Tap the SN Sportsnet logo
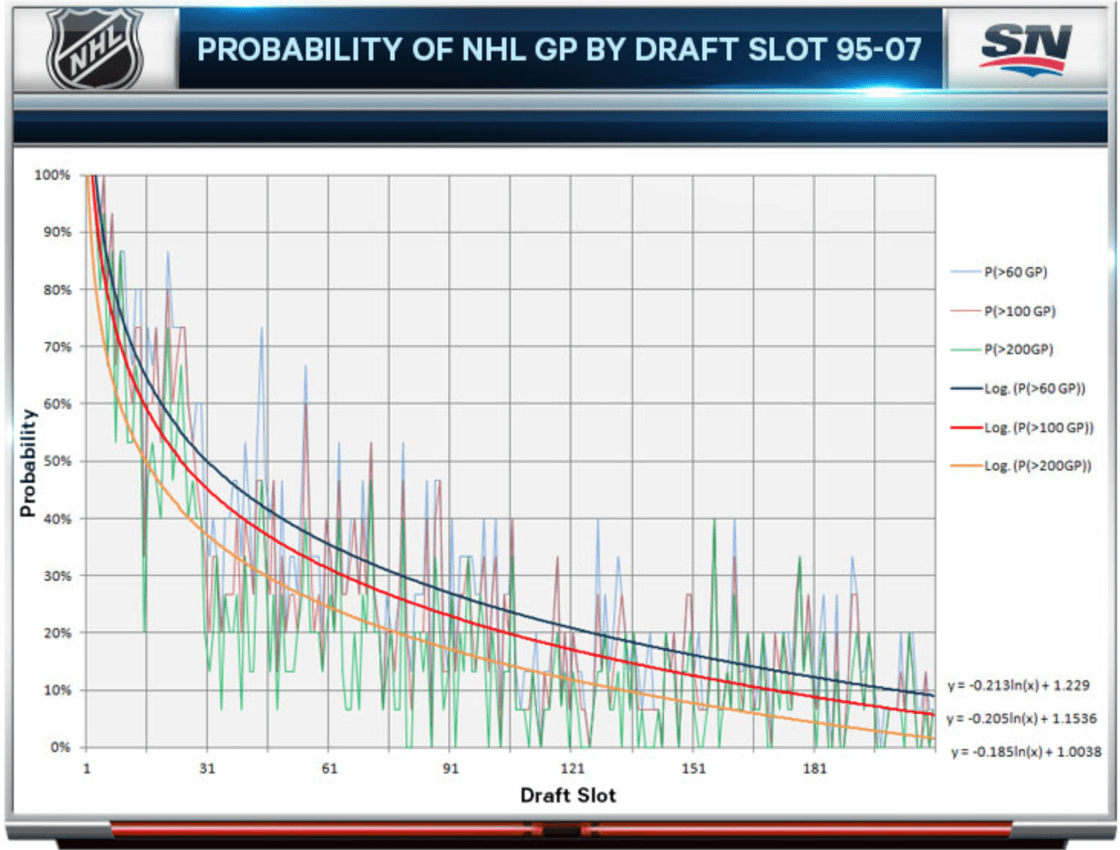click(x=1025, y=47)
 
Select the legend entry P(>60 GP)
click(x=1015, y=272)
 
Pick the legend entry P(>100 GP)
click(x=1019, y=311)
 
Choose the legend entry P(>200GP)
click(x=1018, y=350)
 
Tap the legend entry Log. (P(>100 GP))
click(x=1038, y=428)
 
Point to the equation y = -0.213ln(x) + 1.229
click(x=1018, y=686)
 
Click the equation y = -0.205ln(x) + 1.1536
click(x=1021, y=719)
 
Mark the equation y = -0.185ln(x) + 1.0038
click(x=1026, y=752)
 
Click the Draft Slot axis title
click(x=568, y=796)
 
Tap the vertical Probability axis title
click(x=28, y=463)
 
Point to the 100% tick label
click(x=52, y=175)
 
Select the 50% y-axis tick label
click(x=57, y=461)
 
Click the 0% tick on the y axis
click(x=60, y=747)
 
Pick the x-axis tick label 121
click(x=571, y=769)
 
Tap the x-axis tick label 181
click(x=814, y=769)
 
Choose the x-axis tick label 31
click(x=207, y=769)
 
